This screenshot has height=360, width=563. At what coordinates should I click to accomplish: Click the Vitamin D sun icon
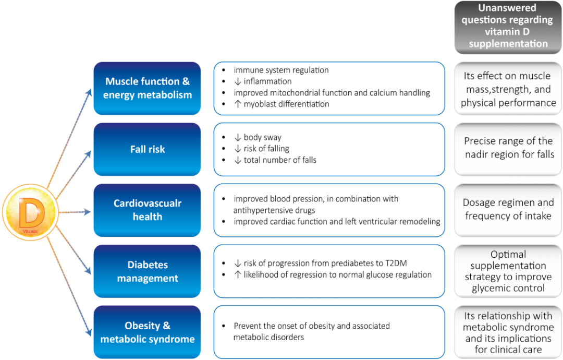click(x=29, y=213)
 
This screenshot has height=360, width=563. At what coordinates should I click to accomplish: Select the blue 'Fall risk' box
click(x=147, y=149)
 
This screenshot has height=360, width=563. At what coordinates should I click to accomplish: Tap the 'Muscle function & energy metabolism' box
click(x=147, y=88)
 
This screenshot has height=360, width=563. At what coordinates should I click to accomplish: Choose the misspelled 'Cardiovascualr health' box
click(x=147, y=210)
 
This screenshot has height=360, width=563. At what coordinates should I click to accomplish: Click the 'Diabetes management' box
click(x=147, y=271)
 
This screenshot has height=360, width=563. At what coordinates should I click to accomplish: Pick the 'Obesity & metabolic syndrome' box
click(x=147, y=332)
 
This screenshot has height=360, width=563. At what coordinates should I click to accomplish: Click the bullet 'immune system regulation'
click(x=281, y=70)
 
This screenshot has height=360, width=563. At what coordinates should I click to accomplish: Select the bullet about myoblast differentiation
click(x=286, y=104)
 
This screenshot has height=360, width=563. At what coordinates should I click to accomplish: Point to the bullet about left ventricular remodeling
click(x=337, y=221)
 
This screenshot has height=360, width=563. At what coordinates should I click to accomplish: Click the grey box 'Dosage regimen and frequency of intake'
click(x=508, y=209)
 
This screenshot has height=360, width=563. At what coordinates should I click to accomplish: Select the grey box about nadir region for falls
click(x=508, y=148)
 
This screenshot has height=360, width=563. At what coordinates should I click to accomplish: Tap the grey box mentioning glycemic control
click(x=508, y=271)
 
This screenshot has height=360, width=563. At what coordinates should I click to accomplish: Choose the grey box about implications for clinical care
click(x=508, y=332)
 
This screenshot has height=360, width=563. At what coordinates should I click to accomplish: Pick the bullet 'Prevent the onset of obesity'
click(x=311, y=326)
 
